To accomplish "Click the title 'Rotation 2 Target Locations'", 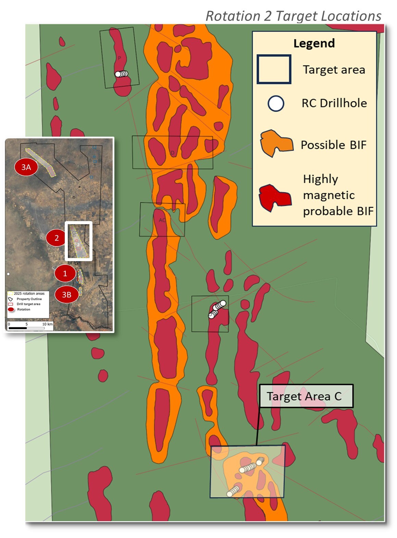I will coord(293,16).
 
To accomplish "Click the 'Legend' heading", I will coord(314,43).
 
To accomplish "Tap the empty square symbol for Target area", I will coord(274,69).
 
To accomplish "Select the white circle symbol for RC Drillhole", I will coord(276,103).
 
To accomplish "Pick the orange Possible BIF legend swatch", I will coord(276,143).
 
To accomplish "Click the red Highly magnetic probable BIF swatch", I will coord(275,197).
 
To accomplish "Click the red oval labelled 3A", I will coord(26,167).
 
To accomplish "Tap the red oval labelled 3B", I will coord(66,294).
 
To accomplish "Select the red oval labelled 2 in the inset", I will coord(57,238).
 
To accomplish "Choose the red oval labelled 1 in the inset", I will coord(65,273).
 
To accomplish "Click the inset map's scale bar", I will coord(26,328).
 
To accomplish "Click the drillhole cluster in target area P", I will coord(121,74).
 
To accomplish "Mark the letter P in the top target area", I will coord(120,58).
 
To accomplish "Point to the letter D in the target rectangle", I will coord(173,153).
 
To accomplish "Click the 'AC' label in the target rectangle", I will coord(162,220).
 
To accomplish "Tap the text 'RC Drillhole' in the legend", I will coord(334,103).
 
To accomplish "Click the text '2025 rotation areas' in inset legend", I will coord(29,294).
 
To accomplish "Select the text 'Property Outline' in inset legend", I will coord(29,299).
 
